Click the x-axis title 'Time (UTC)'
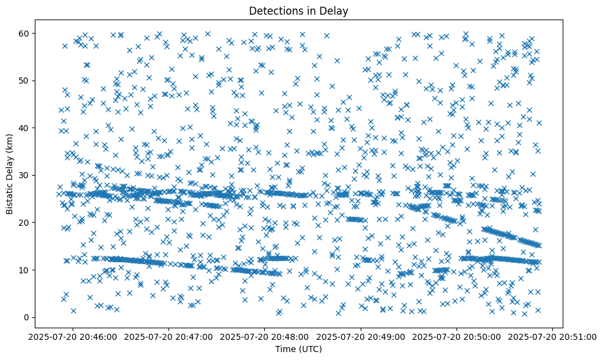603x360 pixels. pyautogui.click(x=299, y=350)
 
